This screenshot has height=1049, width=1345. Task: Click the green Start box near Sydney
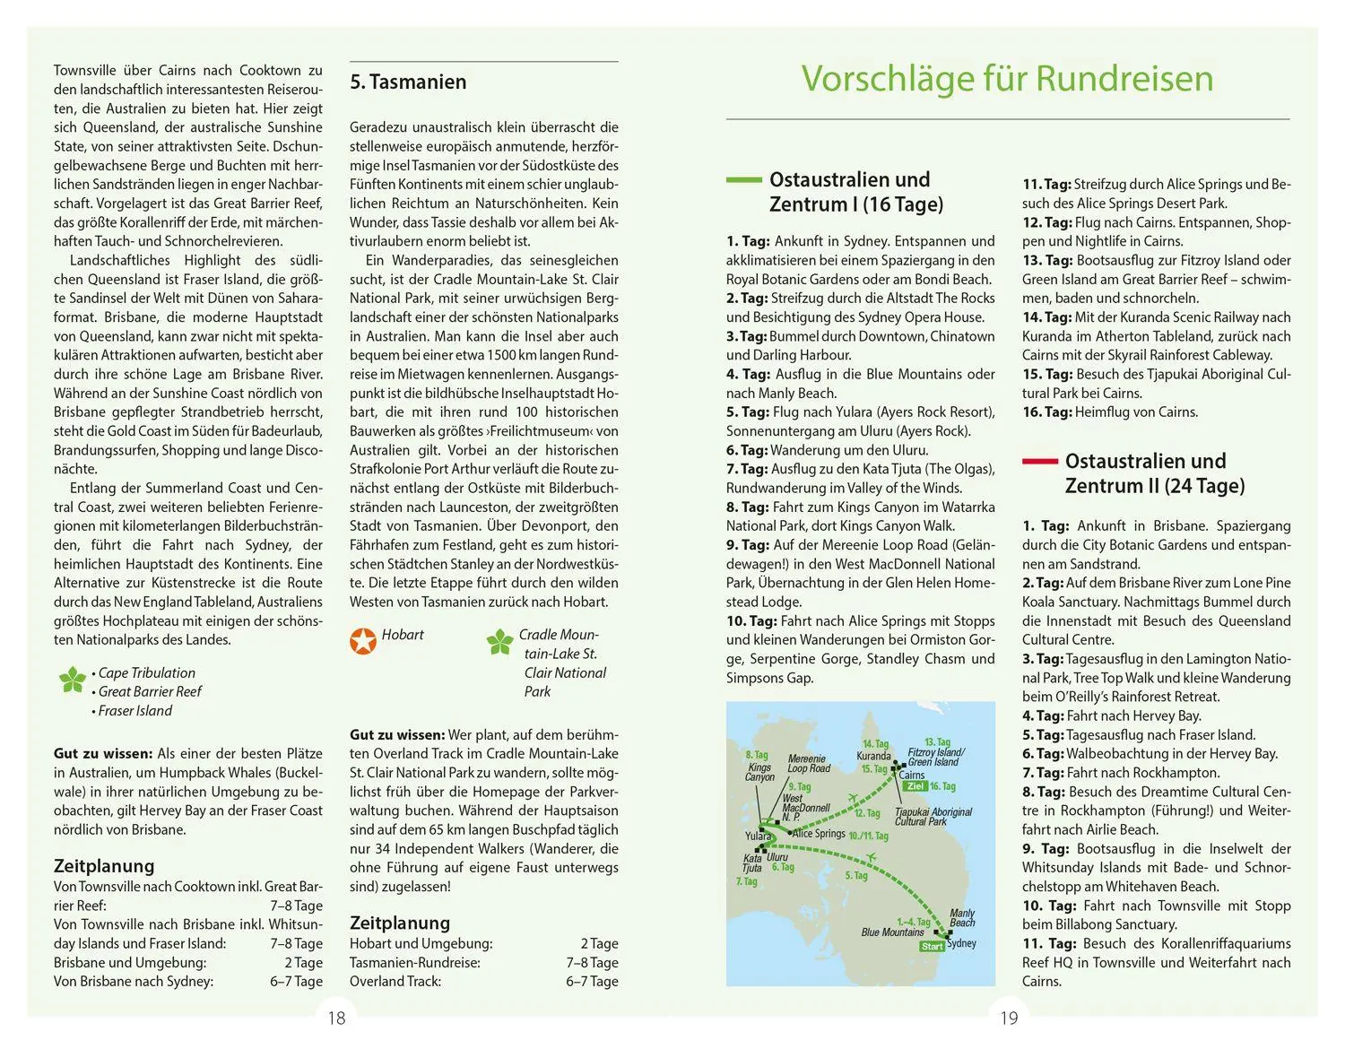click(x=933, y=946)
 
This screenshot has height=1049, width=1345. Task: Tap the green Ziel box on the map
click(x=915, y=786)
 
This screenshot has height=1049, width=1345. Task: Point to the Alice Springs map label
click(x=819, y=833)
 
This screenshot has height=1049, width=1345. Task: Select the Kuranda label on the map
click(x=873, y=756)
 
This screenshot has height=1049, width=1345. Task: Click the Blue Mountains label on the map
click(x=892, y=932)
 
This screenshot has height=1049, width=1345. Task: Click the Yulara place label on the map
click(x=758, y=837)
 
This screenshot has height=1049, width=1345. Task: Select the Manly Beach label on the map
click(x=962, y=918)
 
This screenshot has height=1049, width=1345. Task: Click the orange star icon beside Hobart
click(x=363, y=640)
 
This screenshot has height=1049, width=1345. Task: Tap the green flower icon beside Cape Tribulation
click(x=72, y=680)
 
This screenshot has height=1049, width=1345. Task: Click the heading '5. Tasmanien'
click(x=408, y=82)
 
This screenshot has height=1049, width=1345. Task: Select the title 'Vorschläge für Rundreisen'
click(x=1007, y=78)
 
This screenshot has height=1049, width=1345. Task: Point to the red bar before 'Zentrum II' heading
click(x=1039, y=461)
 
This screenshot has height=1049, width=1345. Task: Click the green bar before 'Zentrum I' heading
click(x=743, y=179)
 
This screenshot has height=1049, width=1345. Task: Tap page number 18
click(x=336, y=1018)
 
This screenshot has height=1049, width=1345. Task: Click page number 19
click(x=1009, y=1018)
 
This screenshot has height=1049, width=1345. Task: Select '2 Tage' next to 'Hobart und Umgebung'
click(x=599, y=943)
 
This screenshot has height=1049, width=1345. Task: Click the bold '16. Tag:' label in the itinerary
click(x=1046, y=412)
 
